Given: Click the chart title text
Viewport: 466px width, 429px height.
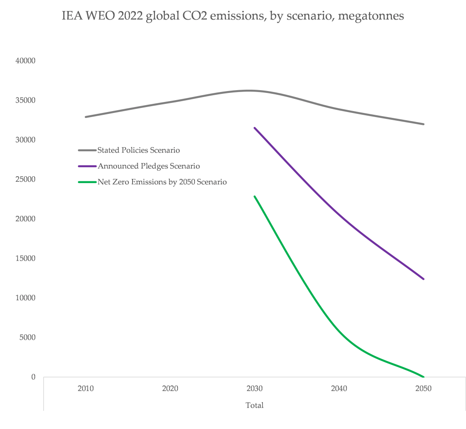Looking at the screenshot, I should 233,16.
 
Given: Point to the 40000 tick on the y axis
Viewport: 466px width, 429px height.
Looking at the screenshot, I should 25,61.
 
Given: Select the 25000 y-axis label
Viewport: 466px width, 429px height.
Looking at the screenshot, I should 25,179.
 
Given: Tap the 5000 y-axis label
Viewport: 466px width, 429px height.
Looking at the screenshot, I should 27,337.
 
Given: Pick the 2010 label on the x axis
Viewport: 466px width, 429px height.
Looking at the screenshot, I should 86,389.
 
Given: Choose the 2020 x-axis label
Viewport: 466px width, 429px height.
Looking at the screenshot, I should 170,389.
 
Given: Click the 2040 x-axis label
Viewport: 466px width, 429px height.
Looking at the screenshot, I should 339,389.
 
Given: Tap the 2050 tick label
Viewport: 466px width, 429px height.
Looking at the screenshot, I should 424,389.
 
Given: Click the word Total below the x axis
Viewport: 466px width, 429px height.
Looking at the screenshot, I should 255,405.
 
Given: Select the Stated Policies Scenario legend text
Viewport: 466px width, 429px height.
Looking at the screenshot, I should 138,150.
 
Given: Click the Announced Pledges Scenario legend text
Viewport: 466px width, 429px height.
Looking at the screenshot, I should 149,166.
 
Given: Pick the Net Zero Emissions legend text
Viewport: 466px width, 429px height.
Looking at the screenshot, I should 162,182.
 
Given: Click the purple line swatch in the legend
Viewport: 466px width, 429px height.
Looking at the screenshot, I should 87,166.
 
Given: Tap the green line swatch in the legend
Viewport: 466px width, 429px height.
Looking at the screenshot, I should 87,182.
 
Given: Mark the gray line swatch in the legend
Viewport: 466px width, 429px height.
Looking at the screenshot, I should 87,150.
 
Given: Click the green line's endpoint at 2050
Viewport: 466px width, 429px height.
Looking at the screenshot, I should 424,377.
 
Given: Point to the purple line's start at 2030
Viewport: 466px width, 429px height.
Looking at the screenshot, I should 255,128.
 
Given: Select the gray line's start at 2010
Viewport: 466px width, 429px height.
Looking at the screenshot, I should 86,117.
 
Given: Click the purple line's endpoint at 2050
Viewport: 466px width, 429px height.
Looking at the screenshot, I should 424,279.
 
